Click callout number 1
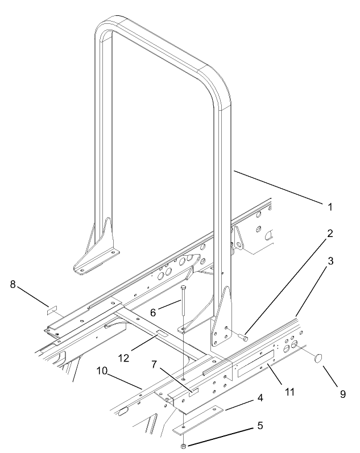pyautogui.click(x=330, y=207)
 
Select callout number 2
pyautogui.click(x=330, y=234)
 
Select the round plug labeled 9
pyautogui.click(x=318, y=358)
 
